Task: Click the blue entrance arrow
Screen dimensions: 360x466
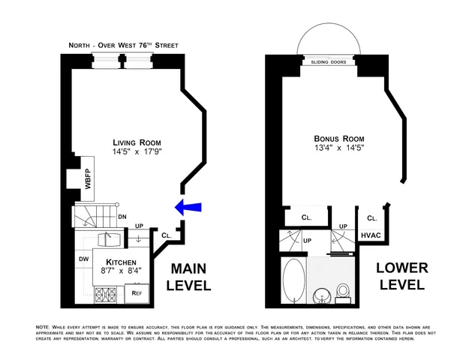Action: coord(188,206)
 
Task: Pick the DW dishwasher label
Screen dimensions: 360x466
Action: coord(83,260)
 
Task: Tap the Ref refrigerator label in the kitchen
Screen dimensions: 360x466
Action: coord(137,293)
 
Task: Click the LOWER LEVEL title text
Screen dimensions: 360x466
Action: coord(395,277)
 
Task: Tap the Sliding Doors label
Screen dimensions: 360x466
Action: coord(328,63)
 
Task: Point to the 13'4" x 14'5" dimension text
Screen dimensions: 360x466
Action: coord(336,148)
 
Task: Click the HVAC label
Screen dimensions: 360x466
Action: coord(371,235)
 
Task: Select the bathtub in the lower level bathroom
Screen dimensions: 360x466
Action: coord(293,281)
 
